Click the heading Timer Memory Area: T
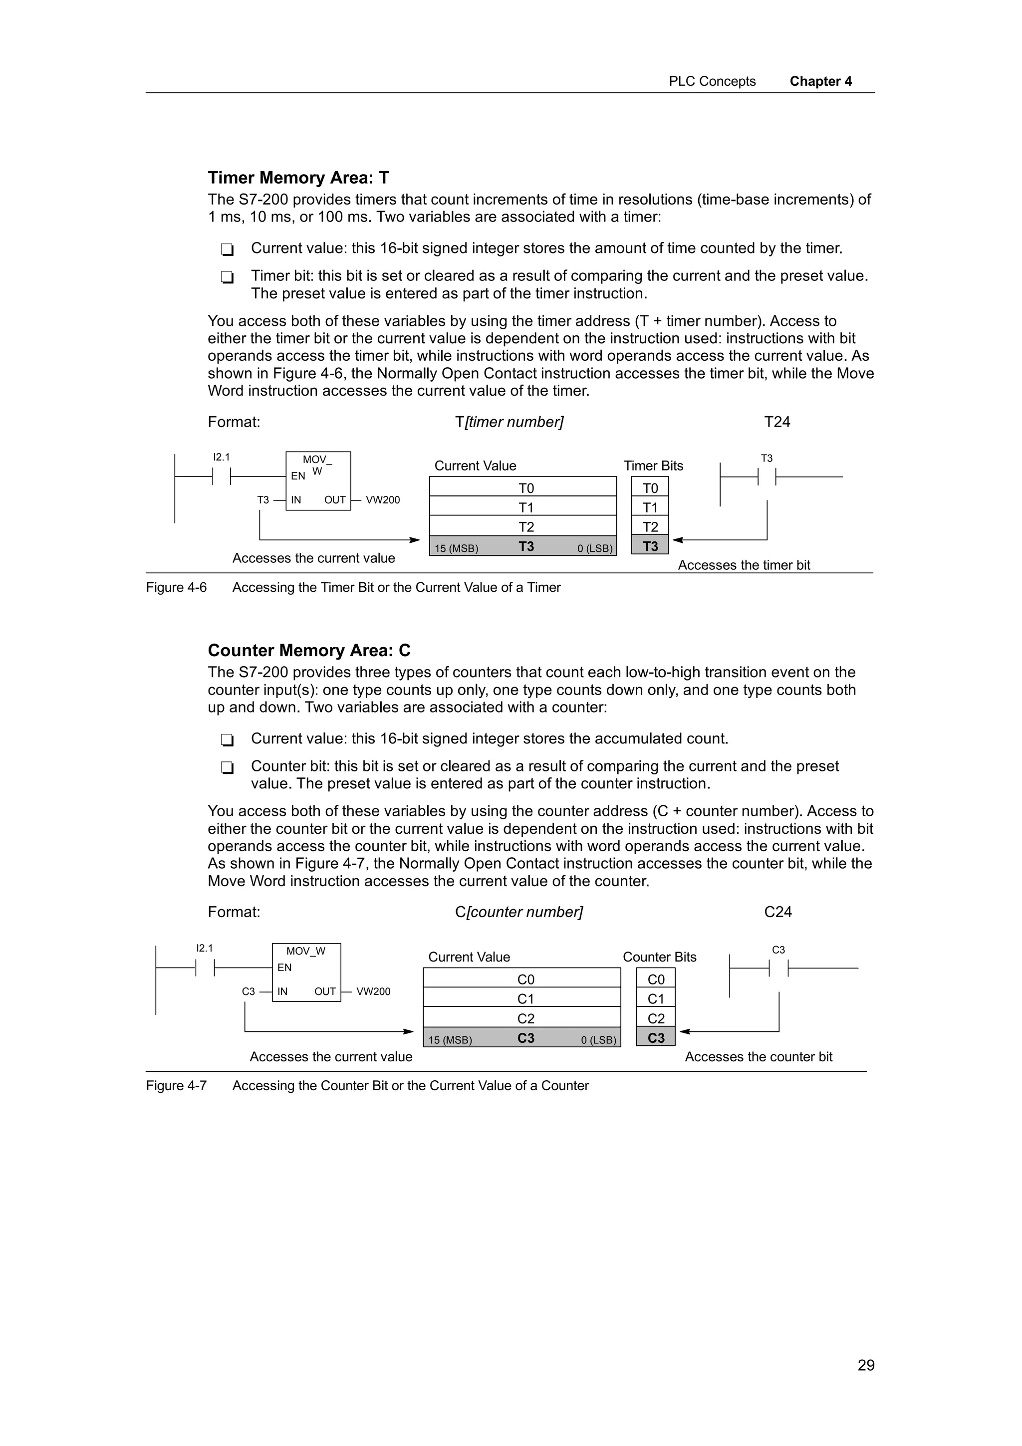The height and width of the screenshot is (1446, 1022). click(298, 178)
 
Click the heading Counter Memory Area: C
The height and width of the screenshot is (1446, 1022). click(308, 651)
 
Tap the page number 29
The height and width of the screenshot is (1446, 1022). click(866, 1365)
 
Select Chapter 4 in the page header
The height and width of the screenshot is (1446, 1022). click(820, 81)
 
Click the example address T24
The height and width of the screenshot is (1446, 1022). click(776, 422)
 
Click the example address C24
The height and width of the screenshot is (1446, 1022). click(777, 912)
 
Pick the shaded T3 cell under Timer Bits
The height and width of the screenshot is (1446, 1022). click(650, 546)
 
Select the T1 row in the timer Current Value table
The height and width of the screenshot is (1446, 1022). click(522, 507)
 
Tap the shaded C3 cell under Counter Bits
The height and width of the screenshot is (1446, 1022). click(656, 1037)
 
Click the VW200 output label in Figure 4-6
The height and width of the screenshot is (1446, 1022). click(383, 500)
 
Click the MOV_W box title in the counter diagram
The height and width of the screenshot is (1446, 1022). click(306, 951)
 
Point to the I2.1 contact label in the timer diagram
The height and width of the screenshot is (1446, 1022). click(222, 457)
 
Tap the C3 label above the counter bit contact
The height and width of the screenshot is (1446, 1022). click(778, 950)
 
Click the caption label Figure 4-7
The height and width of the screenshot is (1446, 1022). click(176, 1085)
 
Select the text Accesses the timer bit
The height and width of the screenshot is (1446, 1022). click(744, 565)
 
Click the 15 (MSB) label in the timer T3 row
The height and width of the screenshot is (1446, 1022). click(456, 548)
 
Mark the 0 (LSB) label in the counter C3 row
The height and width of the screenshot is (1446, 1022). click(599, 1040)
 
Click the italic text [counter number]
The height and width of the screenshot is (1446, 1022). click(524, 912)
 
